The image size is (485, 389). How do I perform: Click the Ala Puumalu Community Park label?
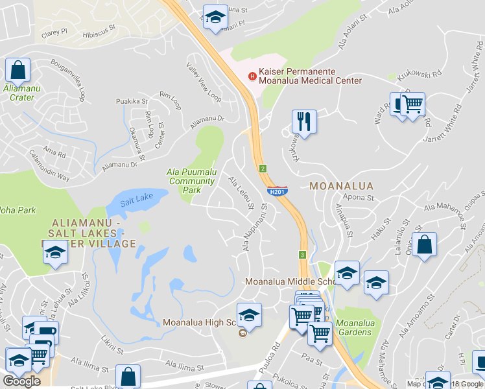[192, 182]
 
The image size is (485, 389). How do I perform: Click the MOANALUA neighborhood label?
[341, 186]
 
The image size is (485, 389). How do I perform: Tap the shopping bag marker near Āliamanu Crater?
[18, 69]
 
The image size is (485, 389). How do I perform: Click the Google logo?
[21, 381]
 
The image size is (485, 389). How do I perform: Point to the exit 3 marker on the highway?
[302, 255]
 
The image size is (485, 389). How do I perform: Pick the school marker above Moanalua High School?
[249, 315]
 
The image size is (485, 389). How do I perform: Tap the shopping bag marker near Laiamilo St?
[424, 245]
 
